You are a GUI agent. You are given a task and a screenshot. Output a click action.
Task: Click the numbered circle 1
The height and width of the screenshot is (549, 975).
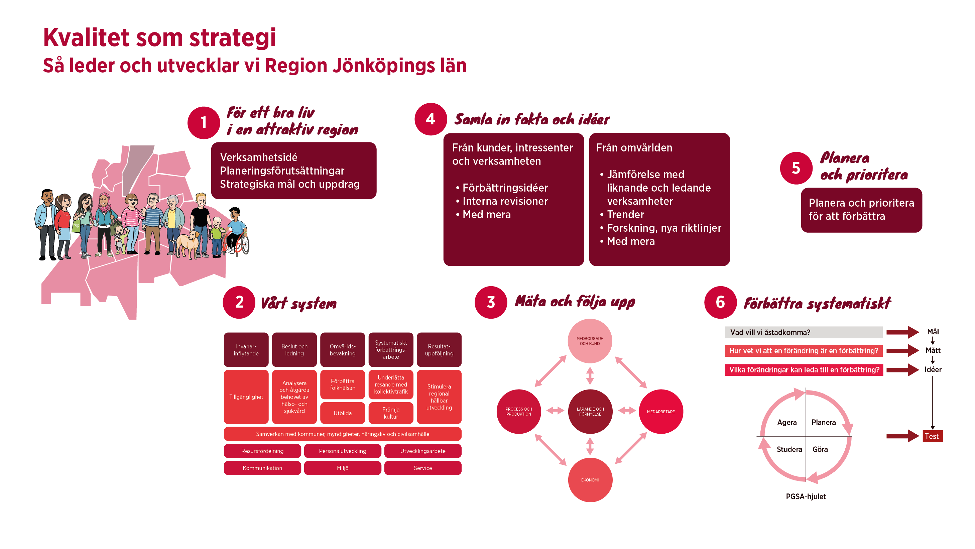[204, 123]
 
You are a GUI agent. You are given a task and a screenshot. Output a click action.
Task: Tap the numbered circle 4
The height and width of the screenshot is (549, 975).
[431, 119]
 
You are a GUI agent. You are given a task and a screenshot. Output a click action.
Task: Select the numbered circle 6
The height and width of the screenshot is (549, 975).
[720, 303]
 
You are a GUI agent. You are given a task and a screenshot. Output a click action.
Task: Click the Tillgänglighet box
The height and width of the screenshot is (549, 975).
[246, 397]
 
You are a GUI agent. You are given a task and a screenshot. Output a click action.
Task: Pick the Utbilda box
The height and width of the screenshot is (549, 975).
[343, 413]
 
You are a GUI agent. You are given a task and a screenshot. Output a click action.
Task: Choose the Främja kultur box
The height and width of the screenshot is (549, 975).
[391, 413]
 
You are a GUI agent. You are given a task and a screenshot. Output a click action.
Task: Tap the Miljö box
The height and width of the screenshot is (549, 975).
[343, 468]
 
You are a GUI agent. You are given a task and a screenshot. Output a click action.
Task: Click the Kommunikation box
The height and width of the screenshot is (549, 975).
[262, 468]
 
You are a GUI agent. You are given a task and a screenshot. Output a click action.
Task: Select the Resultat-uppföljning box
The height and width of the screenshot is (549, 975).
[439, 350]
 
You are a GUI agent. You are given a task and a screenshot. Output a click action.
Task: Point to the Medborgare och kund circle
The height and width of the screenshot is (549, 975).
[590, 341]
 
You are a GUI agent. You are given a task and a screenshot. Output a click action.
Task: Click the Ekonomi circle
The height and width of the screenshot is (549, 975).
[590, 480]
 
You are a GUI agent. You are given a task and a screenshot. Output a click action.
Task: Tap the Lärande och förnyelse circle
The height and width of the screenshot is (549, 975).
[590, 412]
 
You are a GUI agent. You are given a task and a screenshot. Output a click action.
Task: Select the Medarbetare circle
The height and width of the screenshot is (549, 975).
[661, 412]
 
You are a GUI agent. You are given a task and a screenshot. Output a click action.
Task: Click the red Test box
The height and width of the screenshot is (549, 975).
[932, 436]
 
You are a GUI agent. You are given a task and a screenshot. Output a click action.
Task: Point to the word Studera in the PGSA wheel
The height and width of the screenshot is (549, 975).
[789, 449]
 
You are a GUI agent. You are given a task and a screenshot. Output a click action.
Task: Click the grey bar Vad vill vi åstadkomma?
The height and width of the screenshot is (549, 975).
[803, 332]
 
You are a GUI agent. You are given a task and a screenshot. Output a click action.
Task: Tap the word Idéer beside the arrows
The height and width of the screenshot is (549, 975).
[933, 369]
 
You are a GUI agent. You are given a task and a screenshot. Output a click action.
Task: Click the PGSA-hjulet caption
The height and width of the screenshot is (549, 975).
[806, 497]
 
